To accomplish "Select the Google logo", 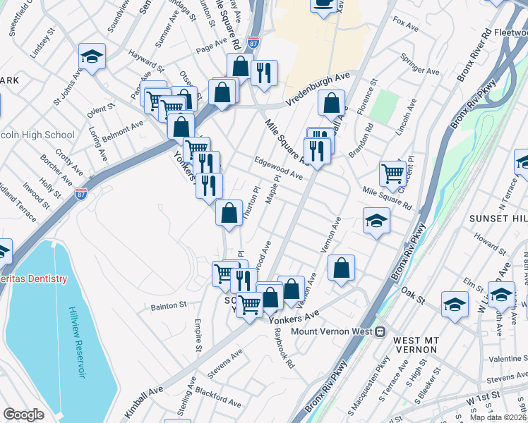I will click(23, 415).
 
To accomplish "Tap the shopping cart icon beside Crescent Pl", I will click(392, 172).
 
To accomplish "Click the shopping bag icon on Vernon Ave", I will click(341, 268).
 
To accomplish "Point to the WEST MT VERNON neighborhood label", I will click(411, 345).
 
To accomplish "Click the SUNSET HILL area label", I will click(498, 219).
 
